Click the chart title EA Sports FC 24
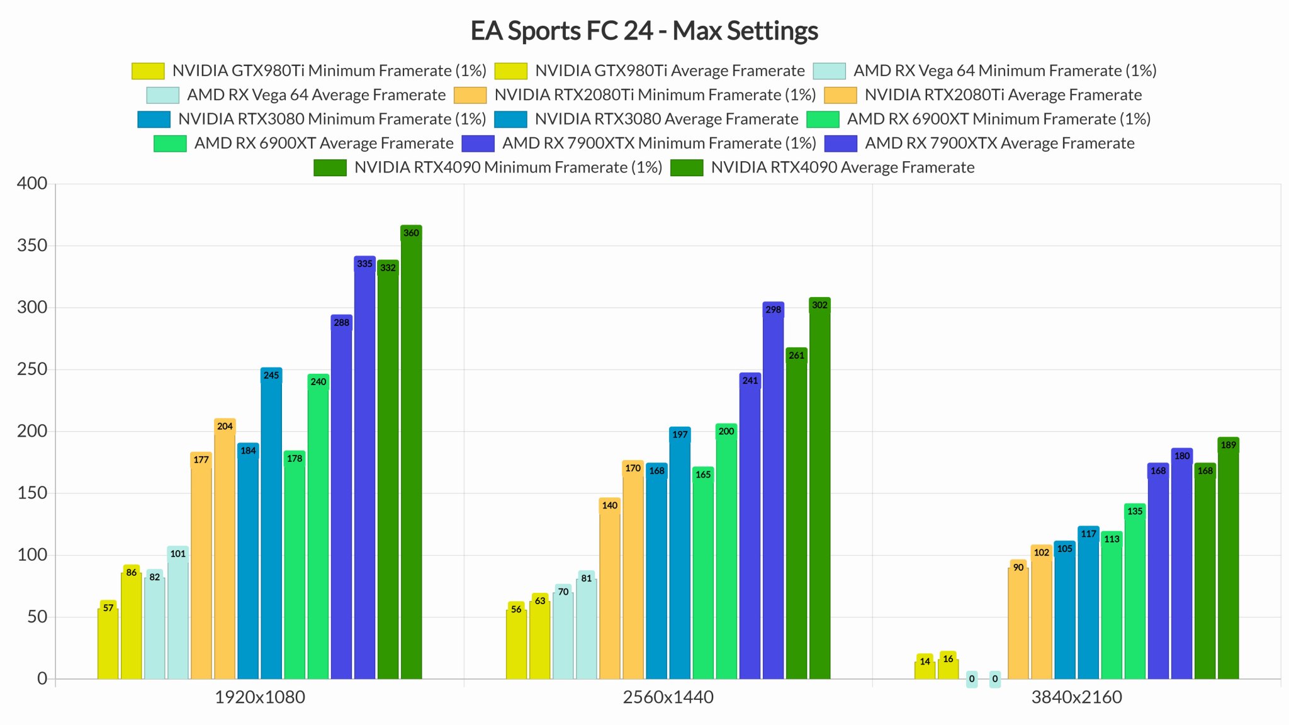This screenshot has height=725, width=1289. click(x=644, y=31)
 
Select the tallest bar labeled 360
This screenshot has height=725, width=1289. click(x=411, y=453)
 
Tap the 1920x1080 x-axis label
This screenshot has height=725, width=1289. click(x=259, y=697)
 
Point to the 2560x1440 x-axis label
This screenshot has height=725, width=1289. click(x=668, y=697)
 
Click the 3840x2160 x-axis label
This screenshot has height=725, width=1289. click(x=1076, y=697)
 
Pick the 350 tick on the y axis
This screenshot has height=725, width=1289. click(x=32, y=245)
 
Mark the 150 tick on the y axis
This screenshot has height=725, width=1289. click(x=32, y=493)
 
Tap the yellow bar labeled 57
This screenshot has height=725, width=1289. click(x=108, y=642)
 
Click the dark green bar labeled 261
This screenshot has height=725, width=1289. click(x=796, y=516)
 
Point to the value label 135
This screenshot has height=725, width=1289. click(x=1135, y=511)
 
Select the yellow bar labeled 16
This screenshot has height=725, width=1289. click(x=948, y=668)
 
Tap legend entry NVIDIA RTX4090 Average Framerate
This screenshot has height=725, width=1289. click(x=842, y=167)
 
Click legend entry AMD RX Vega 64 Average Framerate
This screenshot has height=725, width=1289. click(x=316, y=95)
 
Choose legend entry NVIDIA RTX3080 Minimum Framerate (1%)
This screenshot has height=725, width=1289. click(x=332, y=119)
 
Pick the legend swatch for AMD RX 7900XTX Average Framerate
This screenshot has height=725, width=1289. click(x=840, y=143)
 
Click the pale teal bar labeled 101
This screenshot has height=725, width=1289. click(x=178, y=614)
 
